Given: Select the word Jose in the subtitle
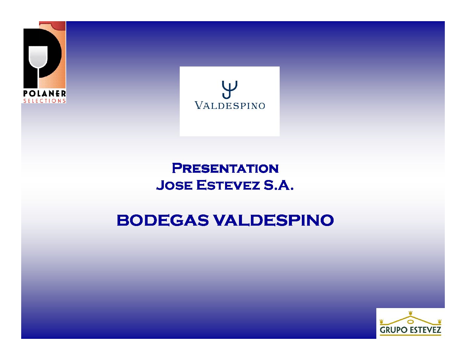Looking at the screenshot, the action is point(174,185).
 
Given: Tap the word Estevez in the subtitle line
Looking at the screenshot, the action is point(228,185).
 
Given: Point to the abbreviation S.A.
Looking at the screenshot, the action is point(279,185).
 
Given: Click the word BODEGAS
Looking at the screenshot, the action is point(163,220).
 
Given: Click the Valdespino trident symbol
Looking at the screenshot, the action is point(229,90).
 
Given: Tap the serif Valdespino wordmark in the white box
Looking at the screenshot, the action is point(230,106).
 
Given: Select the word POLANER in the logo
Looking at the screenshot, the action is point(44,94).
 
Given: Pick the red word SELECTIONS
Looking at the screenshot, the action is point(44,101).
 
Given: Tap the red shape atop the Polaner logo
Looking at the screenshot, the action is point(52,25).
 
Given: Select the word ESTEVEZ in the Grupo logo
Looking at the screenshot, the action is point(426,330).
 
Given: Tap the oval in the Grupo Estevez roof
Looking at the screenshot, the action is point(410,322).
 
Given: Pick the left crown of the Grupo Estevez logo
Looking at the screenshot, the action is point(381,321).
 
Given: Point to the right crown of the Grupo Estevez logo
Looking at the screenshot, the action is point(440,321).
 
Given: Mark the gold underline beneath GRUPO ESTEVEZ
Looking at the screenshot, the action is point(410,335).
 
